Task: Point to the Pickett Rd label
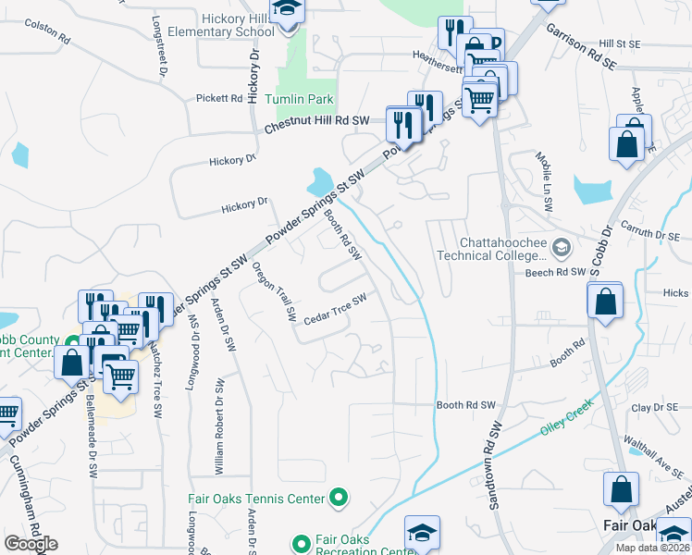point(218,98)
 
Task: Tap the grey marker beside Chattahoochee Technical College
point(561,247)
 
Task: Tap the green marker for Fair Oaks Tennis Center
point(338,499)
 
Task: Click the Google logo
point(31,544)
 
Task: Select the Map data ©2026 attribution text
point(652,548)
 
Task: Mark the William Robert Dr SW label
point(218,426)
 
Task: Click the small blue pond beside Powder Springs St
point(323,179)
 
